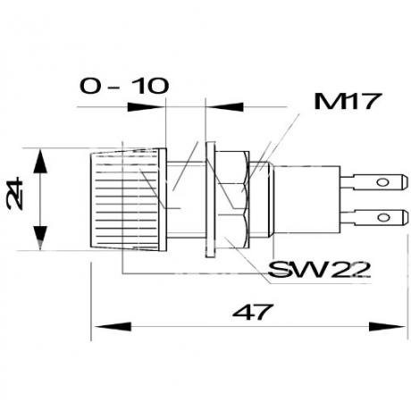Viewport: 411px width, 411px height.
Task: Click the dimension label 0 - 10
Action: (x=124, y=86)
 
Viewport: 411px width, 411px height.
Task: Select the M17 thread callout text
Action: (x=348, y=101)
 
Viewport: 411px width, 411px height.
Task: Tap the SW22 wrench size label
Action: (x=319, y=269)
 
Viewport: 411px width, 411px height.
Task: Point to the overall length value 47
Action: (x=253, y=312)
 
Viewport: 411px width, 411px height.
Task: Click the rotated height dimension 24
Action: (x=15, y=194)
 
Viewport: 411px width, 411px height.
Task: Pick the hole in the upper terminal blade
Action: (x=382, y=182)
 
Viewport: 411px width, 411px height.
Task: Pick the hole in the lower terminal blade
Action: (x=383, y=217)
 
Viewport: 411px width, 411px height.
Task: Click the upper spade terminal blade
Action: (x=374, y=182)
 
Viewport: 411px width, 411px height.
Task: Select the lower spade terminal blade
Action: (x=374, y=217)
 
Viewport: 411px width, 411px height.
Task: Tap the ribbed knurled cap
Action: (x=128, y=199)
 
